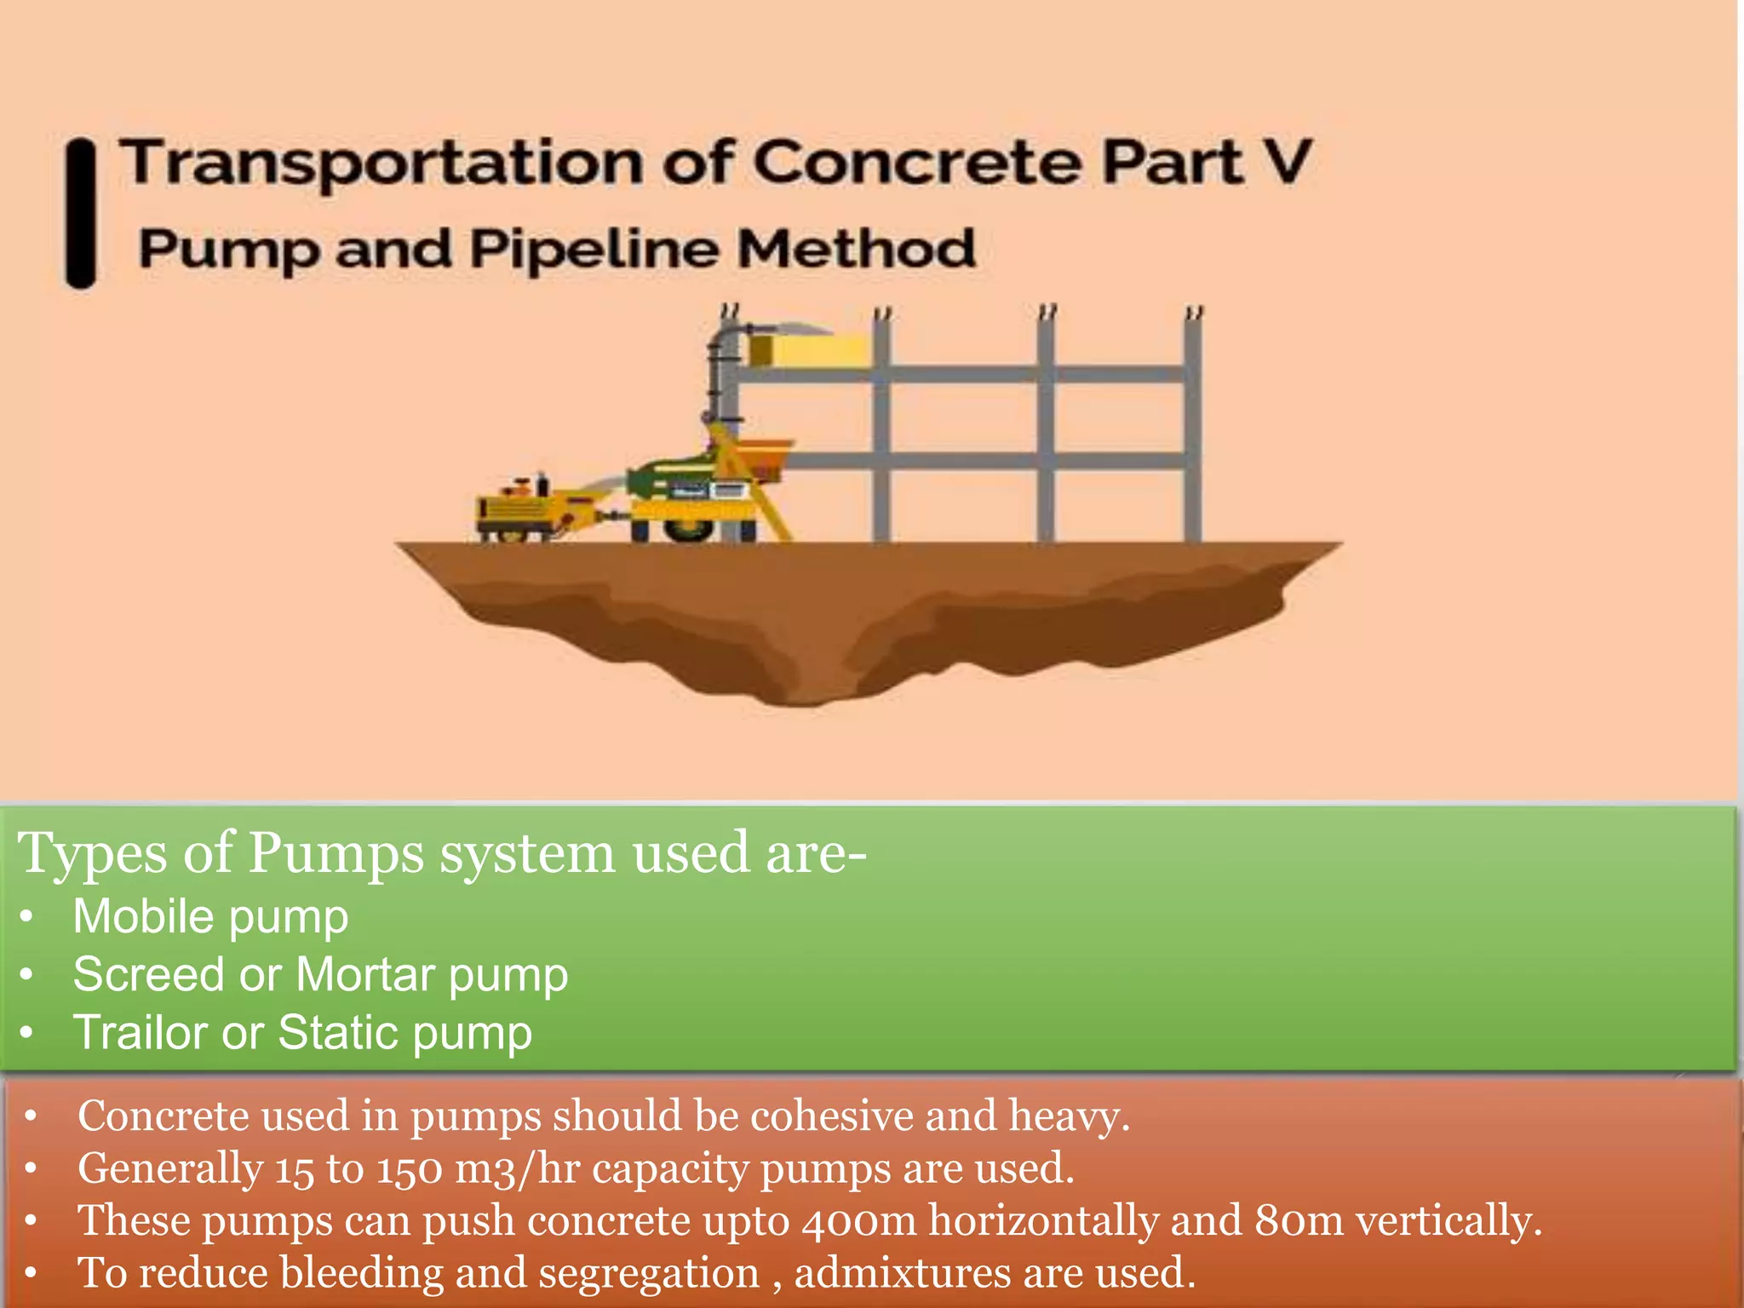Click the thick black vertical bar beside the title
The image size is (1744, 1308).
pyautogui.click(x=81, y=213)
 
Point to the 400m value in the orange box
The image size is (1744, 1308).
pyautogui.click(x=858, y=1221)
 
